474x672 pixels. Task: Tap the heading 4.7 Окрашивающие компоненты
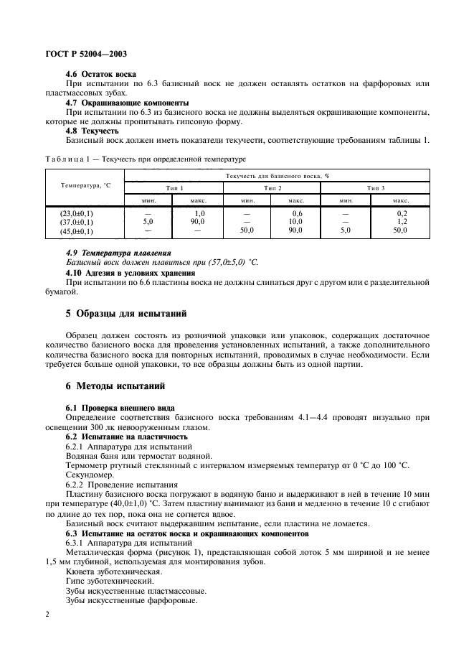click(127, 103)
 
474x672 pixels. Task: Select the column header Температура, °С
click(85, 186)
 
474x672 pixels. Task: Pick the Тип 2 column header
click(272, 187)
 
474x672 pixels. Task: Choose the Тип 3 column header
click(376, 187)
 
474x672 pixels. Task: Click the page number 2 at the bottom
click(47, 615)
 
